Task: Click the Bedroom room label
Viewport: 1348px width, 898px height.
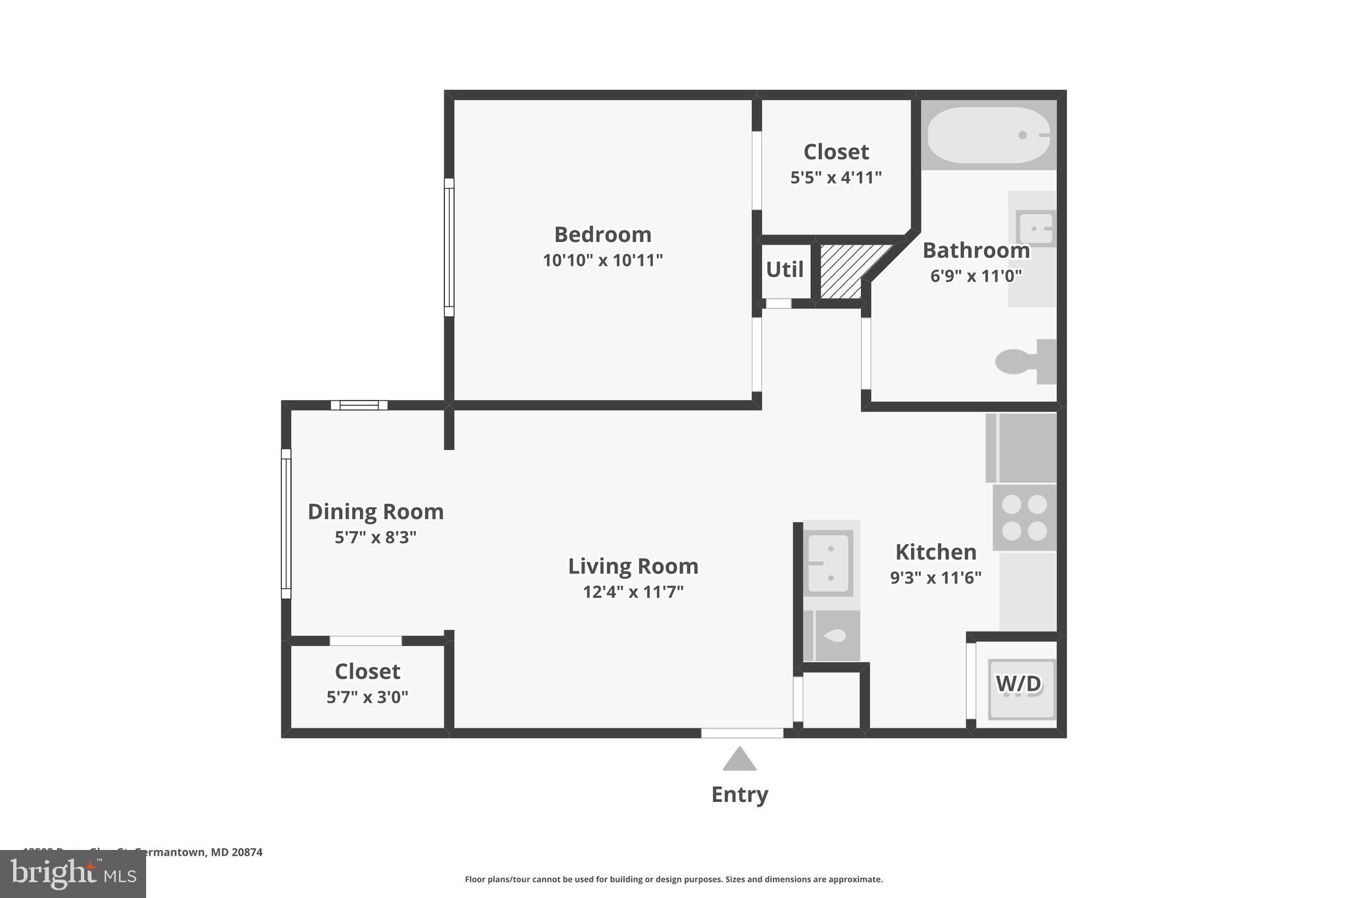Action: pyautogui.click(x=602, y=234)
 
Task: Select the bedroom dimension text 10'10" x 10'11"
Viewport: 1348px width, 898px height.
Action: pyautogui.click(x=602, y=261)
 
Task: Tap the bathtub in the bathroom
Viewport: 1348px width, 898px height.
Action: pyautogui.click(x=987, y=135)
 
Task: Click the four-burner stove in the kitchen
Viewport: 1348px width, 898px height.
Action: pyautogui.click(x=1024, y=517)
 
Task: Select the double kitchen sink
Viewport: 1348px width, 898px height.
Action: pyautogui.click(x=829, y=563)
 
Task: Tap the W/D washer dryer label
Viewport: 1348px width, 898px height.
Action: pyautogui.click(x=1018, y=684)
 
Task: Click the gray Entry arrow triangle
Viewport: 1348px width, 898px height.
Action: pyautogui.click(x=739, y=760)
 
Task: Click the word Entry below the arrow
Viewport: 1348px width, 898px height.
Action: pyautogui.click(x=739, y=795)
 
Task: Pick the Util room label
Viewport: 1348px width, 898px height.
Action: pyautogui.click(x=785, y=270)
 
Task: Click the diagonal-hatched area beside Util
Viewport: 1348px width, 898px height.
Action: pyautogui.click(x=846, y=270)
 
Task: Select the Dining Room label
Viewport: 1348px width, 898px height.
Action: pyautogui.click(x=375, y=512)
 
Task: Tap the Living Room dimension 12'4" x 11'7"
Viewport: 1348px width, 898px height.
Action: pyautogui.click(x=633, y=592)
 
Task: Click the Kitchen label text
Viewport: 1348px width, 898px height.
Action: pyautogui.click(x=935, y=552)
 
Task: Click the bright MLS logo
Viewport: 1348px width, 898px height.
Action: pyautogui.click(x=73, y=874)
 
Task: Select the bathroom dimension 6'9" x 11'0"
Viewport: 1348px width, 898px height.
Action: pyautogui.click(x=975, y=276)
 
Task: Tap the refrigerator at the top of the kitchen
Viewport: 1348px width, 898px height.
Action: pyautogui.click(x=1022, y=448)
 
